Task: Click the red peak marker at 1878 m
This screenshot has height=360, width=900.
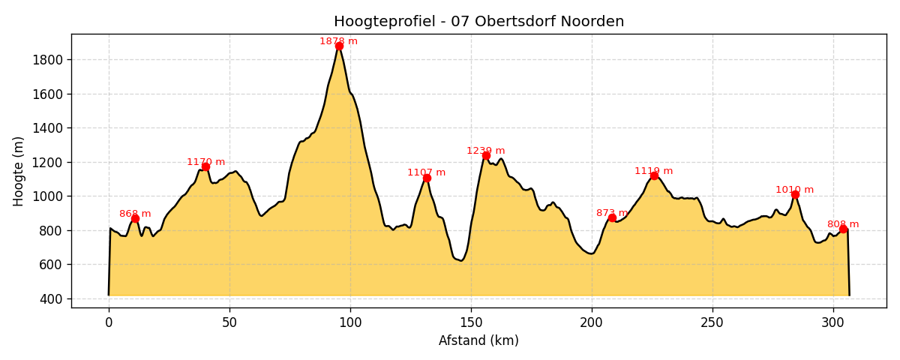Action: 339,46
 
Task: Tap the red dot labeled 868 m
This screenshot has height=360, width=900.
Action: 135,218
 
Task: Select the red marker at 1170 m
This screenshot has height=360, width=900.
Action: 205,166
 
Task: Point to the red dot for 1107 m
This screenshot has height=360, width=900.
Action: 427,178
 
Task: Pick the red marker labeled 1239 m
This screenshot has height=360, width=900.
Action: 486,155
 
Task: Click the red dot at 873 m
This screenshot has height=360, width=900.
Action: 612,217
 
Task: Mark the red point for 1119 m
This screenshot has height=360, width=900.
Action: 654,175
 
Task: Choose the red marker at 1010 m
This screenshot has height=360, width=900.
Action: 795,194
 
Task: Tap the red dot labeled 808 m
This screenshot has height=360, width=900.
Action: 843,229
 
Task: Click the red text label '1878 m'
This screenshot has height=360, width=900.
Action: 338,41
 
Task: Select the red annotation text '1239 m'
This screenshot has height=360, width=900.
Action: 485,151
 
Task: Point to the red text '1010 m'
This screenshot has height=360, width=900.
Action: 794,190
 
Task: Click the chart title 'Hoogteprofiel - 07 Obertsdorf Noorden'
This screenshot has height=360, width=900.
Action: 478,22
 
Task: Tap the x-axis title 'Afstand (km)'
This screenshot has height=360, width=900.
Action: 478,340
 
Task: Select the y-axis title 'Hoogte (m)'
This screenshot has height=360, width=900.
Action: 19,171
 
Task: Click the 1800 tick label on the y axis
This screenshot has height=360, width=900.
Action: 48,60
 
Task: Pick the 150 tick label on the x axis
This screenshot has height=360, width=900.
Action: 471,322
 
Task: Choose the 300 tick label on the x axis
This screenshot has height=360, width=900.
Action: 833,322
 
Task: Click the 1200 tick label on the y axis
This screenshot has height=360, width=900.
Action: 48,162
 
